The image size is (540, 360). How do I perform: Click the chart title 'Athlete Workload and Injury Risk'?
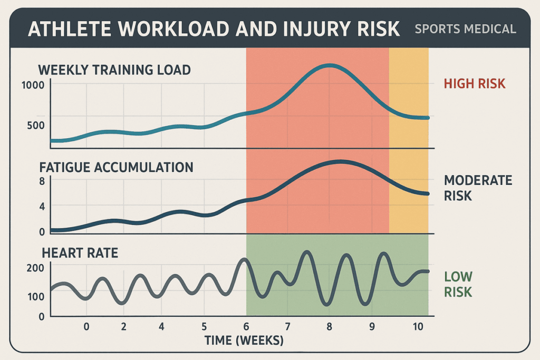pos(214,29)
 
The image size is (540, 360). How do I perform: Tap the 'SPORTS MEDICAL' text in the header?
pos(465,29)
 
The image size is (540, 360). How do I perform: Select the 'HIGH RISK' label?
pos(475,84)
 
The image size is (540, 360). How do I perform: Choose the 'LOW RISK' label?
pos(458,284)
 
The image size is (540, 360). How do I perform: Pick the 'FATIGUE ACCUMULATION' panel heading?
pos(117,168)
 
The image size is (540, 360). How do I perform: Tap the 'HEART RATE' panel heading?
pos(79,253)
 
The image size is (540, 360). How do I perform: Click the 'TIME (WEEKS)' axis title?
pos(244,341)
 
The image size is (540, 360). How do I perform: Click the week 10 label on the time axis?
pos(418,326)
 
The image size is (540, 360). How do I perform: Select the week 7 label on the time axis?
pos(287,326)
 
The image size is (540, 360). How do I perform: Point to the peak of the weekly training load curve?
pos(330,66)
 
